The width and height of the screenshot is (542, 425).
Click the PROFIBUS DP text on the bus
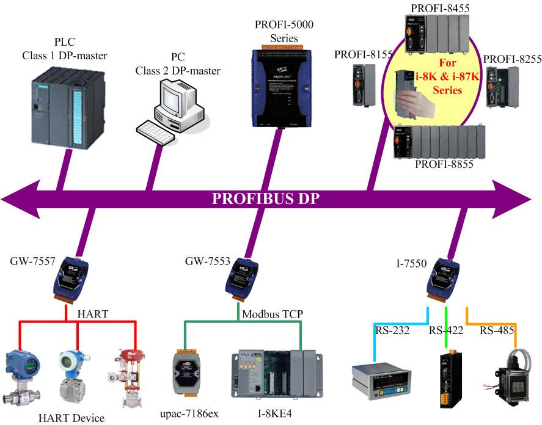click(266, 200)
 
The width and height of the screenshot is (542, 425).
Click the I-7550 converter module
click(444, 278)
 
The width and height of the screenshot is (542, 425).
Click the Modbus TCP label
click(272, 313)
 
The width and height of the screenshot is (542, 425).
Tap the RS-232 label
click(389, 330)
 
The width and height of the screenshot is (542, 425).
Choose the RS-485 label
click(495, 330)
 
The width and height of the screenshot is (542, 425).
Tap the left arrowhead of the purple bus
click(18, 199)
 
